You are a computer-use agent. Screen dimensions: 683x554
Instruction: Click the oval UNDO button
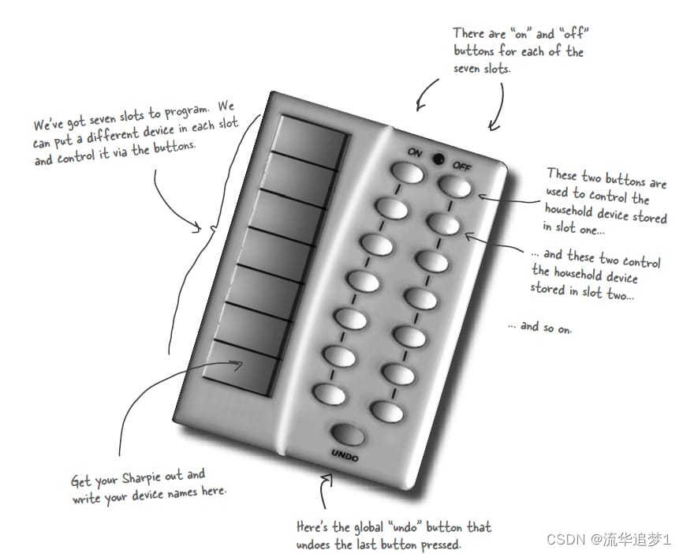point(348,434)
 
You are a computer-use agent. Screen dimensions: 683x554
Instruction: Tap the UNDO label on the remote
point(345,455)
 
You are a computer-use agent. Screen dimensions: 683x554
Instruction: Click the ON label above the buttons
point(415,152)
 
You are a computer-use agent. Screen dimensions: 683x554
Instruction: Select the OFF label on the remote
point(461,166)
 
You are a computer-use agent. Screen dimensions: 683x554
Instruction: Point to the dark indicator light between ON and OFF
point(439,159)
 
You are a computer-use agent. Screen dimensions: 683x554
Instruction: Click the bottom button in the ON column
point(330,394)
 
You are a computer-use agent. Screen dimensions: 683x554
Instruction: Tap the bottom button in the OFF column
point(386,411)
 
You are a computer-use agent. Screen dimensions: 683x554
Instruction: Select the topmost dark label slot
point(312,140)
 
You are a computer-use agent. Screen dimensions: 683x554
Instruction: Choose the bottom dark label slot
point(241,368)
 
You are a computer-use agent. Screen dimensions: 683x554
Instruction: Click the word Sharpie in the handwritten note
point(141,478)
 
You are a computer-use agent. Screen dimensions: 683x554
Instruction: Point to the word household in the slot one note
point(569,211)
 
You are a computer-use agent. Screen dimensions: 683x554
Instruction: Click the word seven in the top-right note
point(467,69)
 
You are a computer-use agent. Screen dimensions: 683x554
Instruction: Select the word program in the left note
point(186,111)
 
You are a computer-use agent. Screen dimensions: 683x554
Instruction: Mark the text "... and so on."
point(540,327)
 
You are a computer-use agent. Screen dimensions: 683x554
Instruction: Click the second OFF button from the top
point(443,224)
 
